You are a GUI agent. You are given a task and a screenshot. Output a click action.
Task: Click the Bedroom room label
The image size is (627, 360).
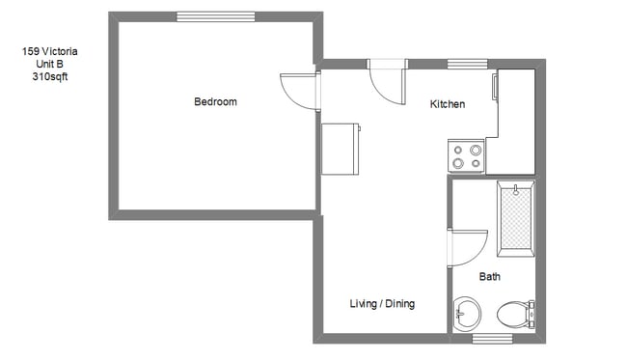point(215,102)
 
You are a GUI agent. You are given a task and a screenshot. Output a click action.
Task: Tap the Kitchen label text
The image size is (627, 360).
point(448,104)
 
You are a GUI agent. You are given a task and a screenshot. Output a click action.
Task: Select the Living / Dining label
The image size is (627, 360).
point(382,304)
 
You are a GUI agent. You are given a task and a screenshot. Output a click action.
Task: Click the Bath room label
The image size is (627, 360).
point(490,277)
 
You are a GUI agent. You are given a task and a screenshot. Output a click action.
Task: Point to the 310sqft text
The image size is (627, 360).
point(49,75)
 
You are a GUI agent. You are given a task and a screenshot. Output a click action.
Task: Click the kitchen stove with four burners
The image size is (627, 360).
point(466,156)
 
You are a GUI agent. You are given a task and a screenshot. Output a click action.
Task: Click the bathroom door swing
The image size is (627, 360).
point(469,247)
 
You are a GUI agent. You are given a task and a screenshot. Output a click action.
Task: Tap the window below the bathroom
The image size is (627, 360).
point(492,338)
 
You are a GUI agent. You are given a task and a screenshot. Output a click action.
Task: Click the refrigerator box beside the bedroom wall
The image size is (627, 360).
point(341,149)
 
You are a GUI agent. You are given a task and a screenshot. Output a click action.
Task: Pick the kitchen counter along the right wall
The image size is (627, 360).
point(515,121)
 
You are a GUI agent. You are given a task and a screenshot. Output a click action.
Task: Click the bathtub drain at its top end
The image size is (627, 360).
point(516,189)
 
